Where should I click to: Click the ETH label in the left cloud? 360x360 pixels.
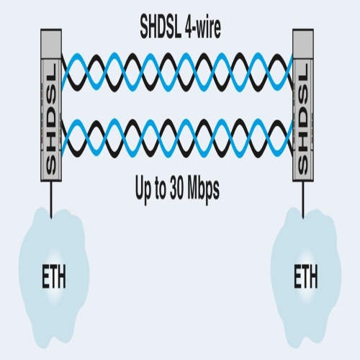tap(54, 276)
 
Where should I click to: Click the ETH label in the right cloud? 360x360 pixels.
tap(306, 276)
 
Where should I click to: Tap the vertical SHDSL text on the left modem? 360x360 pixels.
tap(50, 118)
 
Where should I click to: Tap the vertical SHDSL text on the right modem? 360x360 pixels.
tap(303, 118)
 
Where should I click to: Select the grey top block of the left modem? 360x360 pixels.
tap(51, 44)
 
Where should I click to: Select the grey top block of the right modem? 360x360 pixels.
tap(303, 44)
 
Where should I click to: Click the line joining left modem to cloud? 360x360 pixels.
tap(51, 199)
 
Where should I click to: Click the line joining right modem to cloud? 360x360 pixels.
tap(303, 199)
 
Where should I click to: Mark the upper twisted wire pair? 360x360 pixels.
tap(177, 73)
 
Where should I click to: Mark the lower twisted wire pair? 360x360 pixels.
tap(177, 138)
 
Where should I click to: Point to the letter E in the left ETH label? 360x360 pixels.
tap(45, 276)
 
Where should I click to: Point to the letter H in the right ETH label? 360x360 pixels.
tap(313, 276)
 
